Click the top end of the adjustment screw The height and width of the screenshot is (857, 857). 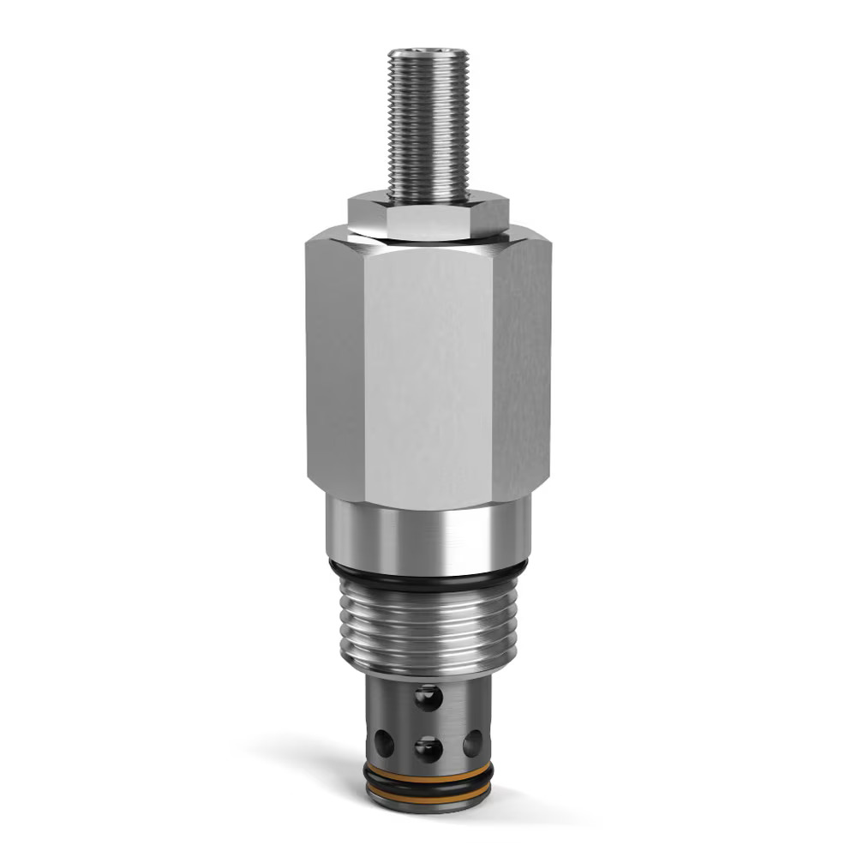click(428, 53)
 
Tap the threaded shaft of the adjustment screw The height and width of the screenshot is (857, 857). click(428, 129)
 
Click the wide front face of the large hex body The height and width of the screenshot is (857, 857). click(428, 369)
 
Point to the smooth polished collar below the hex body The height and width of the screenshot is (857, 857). click(428, 536)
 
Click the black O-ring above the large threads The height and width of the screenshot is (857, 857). click(428, 579)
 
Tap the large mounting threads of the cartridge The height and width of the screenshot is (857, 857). click(428, 626)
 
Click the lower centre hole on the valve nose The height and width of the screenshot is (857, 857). click(428, 749)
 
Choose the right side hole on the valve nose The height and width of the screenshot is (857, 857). click(472, 742)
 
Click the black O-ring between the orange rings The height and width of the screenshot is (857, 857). click(428, 782)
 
